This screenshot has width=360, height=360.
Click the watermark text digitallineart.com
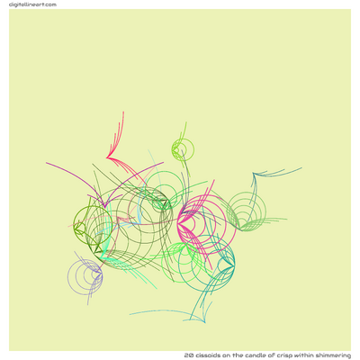(32, 4)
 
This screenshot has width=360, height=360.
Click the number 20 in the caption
(189, 355)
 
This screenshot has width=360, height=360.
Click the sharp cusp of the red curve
(107, 157)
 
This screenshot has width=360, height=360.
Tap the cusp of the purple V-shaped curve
(104, 207)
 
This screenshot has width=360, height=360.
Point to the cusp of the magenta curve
(177, 222)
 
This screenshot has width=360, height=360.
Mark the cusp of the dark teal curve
(234, 264)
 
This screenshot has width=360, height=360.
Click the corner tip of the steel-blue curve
(254, 173)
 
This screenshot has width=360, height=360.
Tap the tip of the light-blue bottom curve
(205, 322)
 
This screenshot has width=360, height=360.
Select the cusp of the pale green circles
(240, 229)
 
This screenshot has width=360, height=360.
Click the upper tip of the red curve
(123, 112)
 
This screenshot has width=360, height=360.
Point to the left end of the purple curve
(46, 163)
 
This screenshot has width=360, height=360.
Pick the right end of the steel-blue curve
(301, 168)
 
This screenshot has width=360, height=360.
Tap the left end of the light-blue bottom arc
(130, 314)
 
